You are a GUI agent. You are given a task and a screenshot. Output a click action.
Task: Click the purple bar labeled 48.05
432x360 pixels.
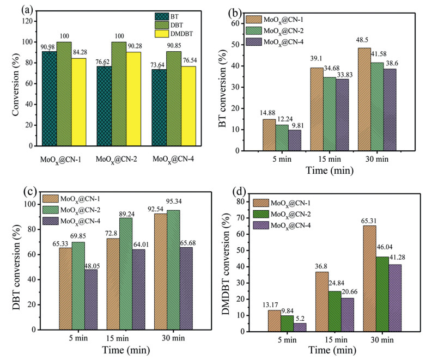[90, 300]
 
